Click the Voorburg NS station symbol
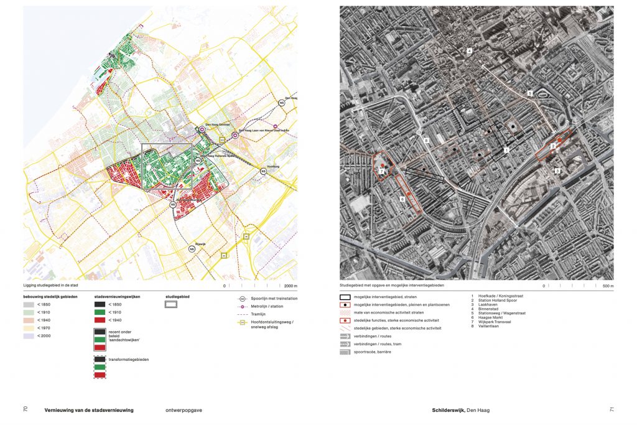tap(264, 171)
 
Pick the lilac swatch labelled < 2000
tap(30, 336)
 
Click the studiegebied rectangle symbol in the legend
tap(171, 305)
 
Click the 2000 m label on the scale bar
tap(291, 286)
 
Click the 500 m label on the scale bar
tap(608, 286)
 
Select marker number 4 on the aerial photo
tap(470, 51)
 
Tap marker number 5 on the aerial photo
tap(529, 93)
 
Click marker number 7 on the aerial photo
tap(381, 170)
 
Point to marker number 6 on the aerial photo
tap(402, 199)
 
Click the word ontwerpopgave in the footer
tap(185, 410)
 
